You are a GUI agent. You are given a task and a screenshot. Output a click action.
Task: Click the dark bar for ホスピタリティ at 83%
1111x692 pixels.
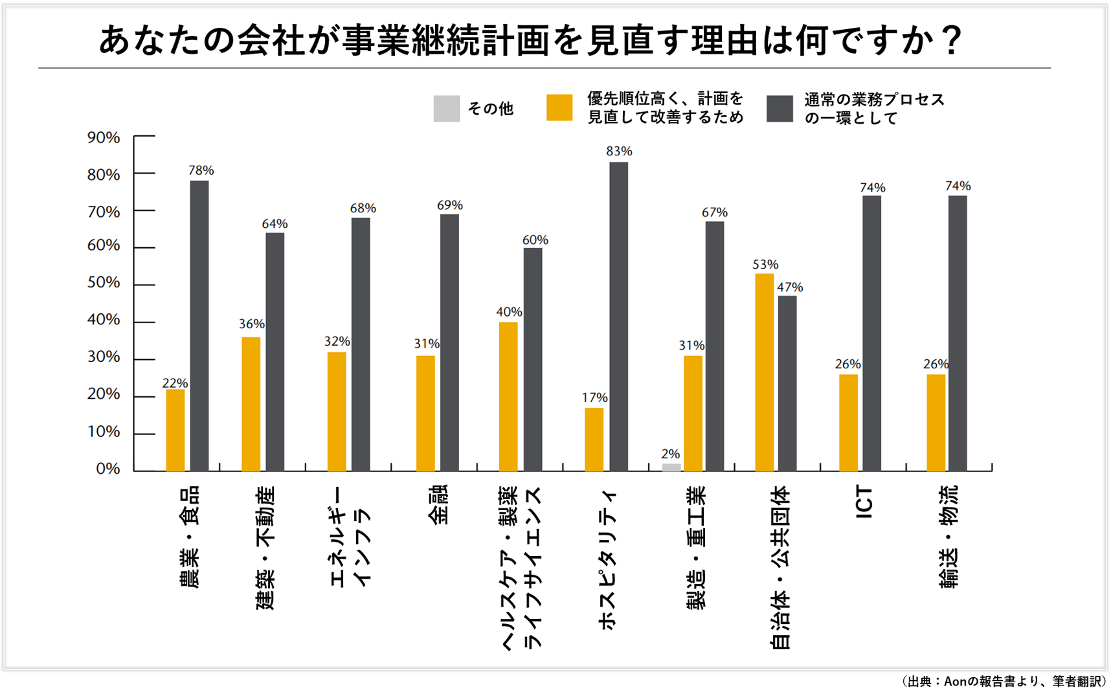click(618, 317)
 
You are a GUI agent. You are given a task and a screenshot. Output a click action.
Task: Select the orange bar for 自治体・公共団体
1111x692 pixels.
click(764, 372)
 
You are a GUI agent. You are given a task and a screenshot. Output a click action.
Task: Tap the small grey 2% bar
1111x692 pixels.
click(671, 467)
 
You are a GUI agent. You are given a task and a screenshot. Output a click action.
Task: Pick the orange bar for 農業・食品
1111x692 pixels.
click(175, 430)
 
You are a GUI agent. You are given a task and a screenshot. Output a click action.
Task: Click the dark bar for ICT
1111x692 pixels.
click(871, 333)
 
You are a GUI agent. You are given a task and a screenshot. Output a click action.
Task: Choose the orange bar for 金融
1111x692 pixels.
click(425, 413)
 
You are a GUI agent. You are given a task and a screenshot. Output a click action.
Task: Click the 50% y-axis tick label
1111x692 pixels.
click(104, 283)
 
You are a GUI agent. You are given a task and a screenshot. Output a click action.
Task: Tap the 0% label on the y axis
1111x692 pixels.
click(107, 469)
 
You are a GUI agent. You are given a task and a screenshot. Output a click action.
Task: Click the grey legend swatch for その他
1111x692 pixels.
click(446, 109)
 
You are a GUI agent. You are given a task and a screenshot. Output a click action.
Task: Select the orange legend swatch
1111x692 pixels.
click(559, 108)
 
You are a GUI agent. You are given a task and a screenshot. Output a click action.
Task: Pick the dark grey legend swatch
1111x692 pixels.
click(780, 109)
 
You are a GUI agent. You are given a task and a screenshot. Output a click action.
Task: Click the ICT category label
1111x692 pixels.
click(864, 503)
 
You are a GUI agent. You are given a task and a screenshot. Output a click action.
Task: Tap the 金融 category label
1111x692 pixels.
click(438, 505)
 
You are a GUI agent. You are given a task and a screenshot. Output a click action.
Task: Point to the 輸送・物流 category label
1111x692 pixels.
click(948, 537)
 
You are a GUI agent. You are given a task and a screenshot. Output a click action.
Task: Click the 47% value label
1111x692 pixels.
click(790, 287)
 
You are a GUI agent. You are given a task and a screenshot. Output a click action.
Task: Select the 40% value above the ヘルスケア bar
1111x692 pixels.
click(509, 312)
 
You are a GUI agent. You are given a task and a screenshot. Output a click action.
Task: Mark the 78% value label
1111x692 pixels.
click(201, 170)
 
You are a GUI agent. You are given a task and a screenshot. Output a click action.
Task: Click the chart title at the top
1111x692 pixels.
click(531, 40)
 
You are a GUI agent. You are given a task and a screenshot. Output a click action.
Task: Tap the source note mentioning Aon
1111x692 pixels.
click(1003, 681)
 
